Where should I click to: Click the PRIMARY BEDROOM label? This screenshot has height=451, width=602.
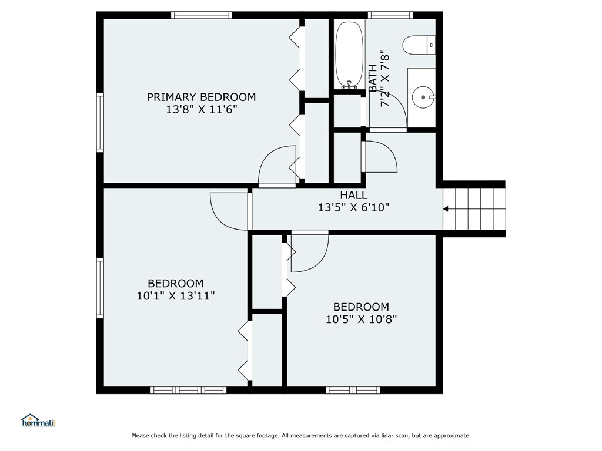pyautogui.click(x=201, y=97)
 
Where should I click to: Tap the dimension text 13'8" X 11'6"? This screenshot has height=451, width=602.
pyautogui.click(x=201, y=109)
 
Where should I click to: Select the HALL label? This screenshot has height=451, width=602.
pyautogui.click(x=353, y=195)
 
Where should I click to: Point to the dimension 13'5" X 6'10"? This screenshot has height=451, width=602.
pyautogui.click(x=353, y=207)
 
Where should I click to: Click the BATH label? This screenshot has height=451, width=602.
pyautogui.click(x=373, y=78)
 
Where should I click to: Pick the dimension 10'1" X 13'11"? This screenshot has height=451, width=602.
pyautogui.click(x=175, y=296)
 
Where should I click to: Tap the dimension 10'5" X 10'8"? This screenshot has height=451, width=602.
pyautogui.click(x=361, y=319)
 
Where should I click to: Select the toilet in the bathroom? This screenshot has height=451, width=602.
pyautogui.click(x=418, y=45)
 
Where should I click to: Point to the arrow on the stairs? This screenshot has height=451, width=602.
pyautogui.click(x=447, y=208)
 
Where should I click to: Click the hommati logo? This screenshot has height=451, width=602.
pyautogui.click(x=38, y=420)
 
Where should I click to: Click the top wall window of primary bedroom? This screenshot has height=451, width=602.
pyautogui.click(x=202, y=15)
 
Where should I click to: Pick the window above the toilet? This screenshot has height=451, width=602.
pyautogui.click(x=390, y=15)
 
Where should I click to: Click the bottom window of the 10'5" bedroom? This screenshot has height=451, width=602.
pyautogui.click(x=353, y=389)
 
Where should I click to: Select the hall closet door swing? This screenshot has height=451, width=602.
pyautogui.click(x=381, y=157)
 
